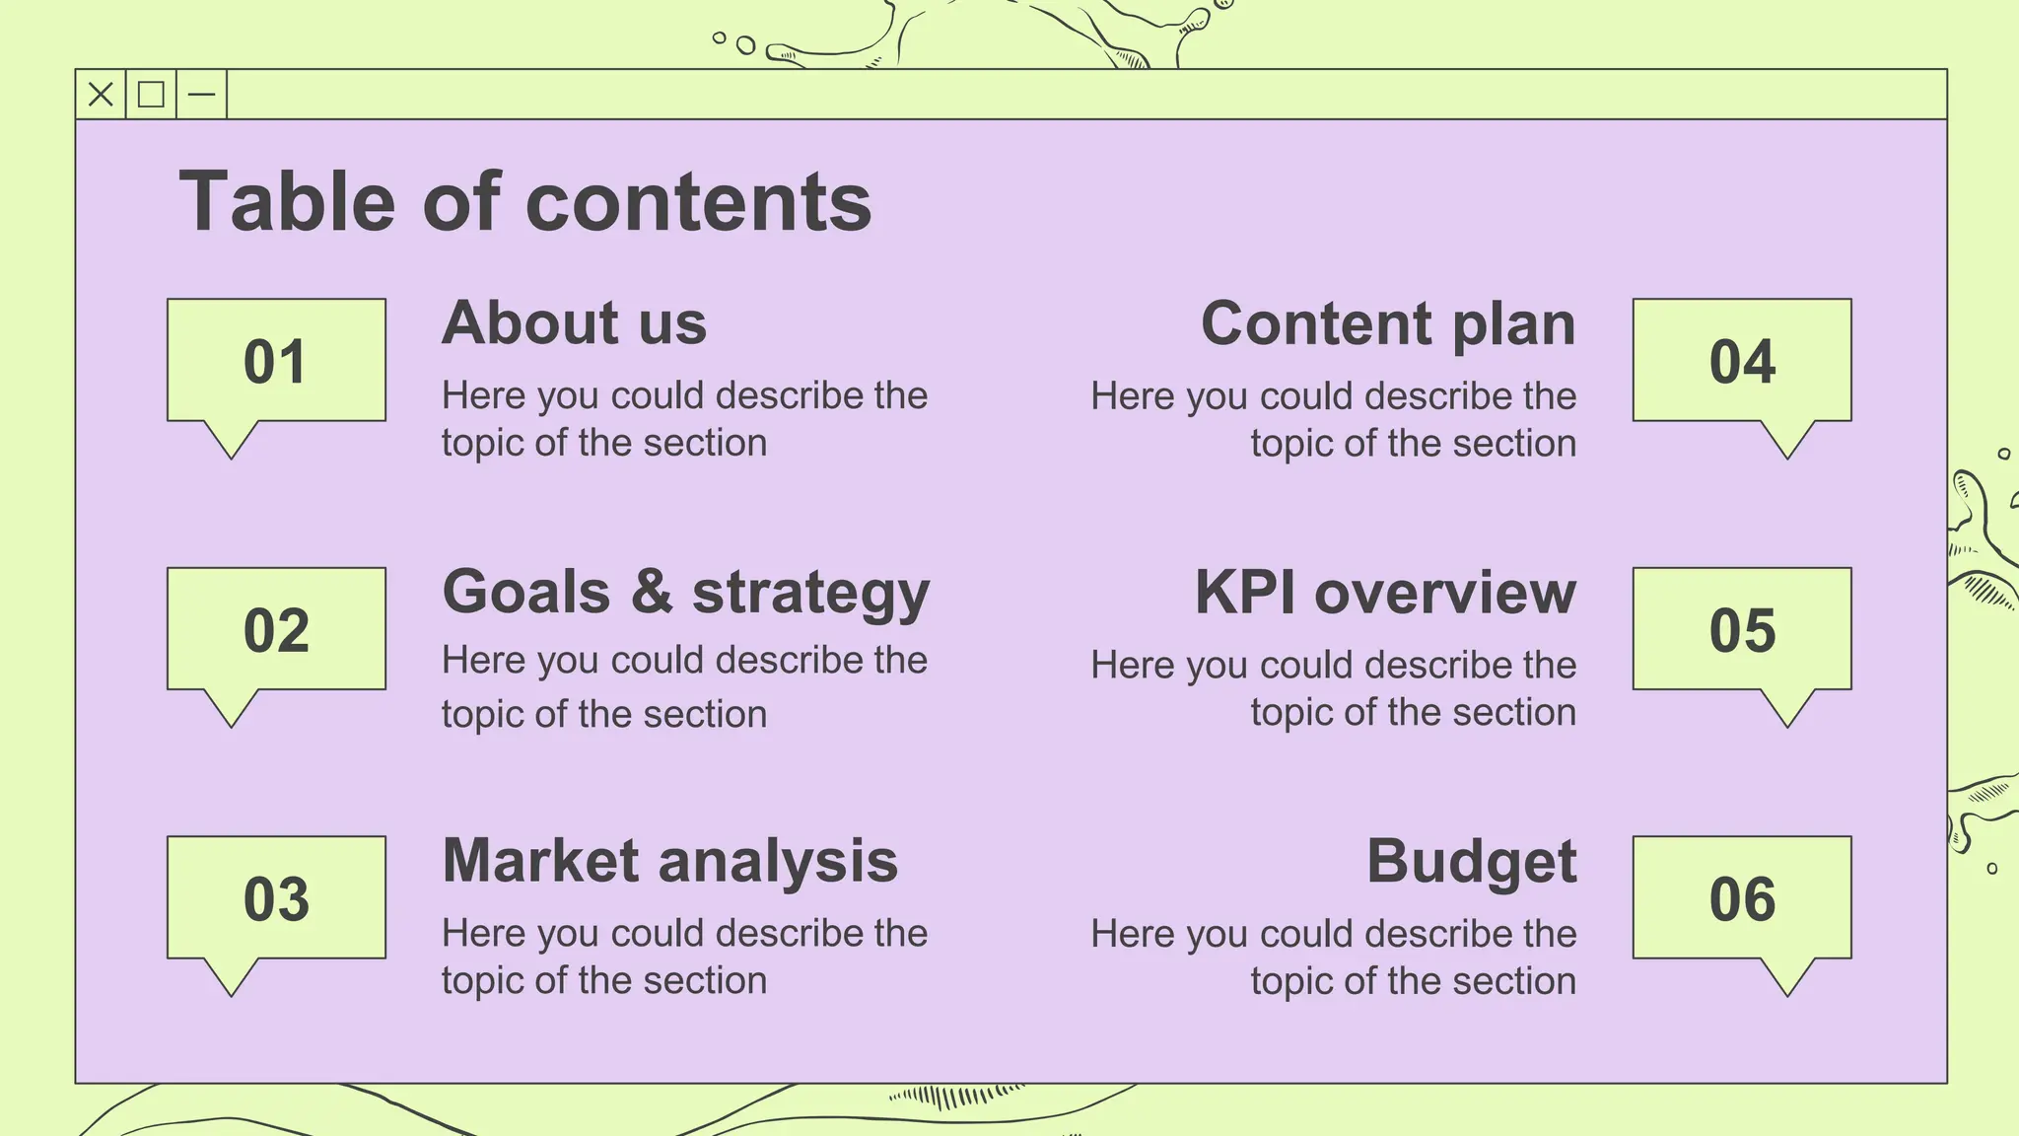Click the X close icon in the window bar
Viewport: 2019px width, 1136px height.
[x=101, y=95]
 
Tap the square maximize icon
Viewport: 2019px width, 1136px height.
[x=151, y=95]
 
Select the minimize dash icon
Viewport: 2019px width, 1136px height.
[x=201, y=95]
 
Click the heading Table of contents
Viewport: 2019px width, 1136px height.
[x=525, y=202]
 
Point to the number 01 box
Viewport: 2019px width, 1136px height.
[x=276, y=361]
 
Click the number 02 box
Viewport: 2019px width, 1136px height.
[x=276, y=629]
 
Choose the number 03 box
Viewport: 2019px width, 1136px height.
[x=276, y=898]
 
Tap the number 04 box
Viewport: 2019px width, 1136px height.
[x=1742, y=361]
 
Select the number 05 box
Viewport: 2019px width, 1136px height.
[x=1742, y=629]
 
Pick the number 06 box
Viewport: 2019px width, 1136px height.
[x=1742, y=898]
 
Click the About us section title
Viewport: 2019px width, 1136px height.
[x=574, y=322]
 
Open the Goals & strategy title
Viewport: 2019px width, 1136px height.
[x=686, y=592]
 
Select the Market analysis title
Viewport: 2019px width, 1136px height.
[x=670, y=861]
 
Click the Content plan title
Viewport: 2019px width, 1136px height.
[x=1388, y=323]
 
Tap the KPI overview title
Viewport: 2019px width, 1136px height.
[x=1385, y=593]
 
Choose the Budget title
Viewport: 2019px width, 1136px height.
[x=1471, y=862]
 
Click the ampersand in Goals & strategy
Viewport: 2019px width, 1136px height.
[x=652, y=592]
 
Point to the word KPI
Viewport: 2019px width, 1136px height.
[x=1245, y=593]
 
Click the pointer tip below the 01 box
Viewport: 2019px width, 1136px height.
[x=232, y=457]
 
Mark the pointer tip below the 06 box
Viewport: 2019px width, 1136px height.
[x=1787, y=994]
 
